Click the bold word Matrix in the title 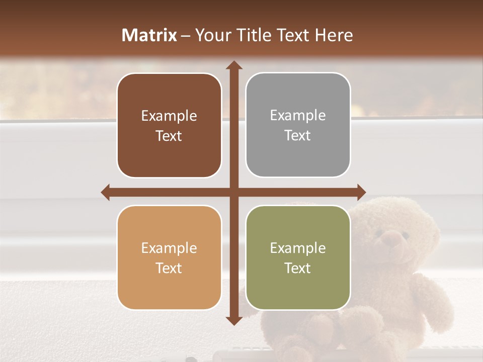point(149,35)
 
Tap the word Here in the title point(334,35)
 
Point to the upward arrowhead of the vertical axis point(233,65)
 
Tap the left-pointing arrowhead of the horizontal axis point(106,192)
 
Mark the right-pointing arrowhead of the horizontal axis point(361,192)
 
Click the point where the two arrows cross point(233,192)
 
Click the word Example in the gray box point(298,116)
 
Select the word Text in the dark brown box point(169,136)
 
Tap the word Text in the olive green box point(298,268)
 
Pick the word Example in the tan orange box point(169,248)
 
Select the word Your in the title point(210,35)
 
